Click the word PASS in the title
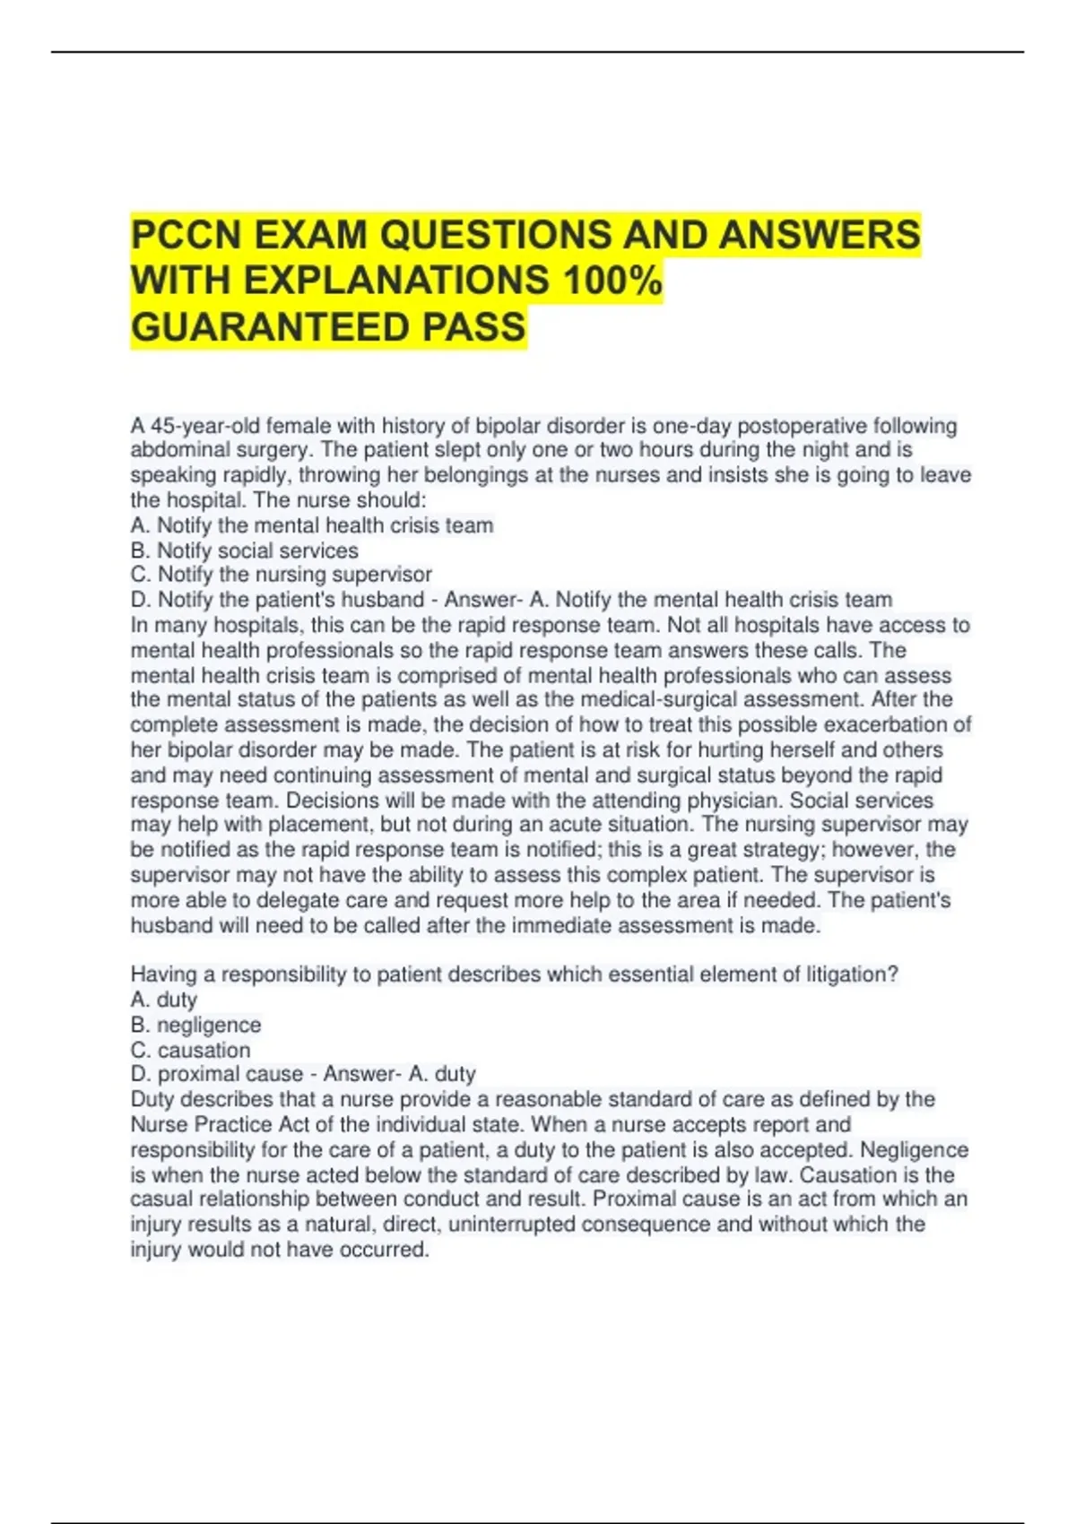474,327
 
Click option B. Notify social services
244,550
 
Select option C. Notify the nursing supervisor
281,575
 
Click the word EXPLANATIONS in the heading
396,281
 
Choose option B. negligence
195,1025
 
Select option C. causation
190,1050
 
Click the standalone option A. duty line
163,1000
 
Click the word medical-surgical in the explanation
657,699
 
